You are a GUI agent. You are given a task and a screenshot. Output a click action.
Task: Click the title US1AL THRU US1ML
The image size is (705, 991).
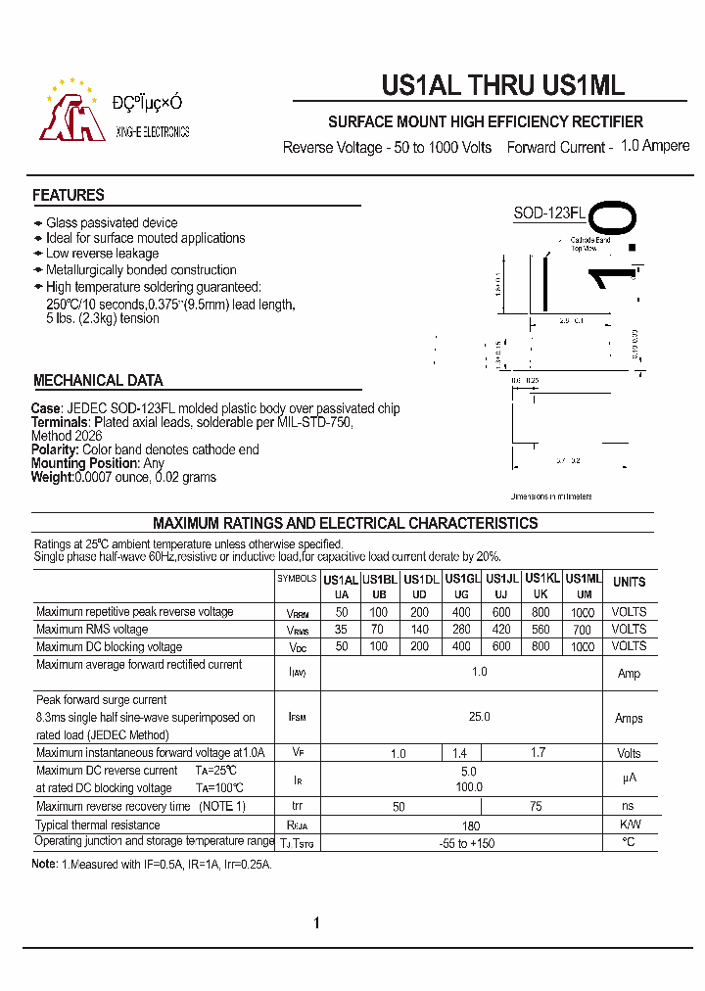tap(502, 86)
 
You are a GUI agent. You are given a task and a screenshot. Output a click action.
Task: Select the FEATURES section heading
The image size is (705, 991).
tap(69, 195)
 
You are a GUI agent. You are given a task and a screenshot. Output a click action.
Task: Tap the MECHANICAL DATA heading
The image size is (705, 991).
tap(98, 380)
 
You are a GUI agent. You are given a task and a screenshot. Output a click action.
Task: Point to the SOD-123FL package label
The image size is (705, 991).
tap(549, 213)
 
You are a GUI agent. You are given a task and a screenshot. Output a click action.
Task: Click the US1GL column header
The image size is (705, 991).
tap(461, 579)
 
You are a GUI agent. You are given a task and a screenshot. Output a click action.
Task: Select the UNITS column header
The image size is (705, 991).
tap(629, 582)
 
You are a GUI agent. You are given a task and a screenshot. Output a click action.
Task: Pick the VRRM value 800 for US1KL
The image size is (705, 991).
tap(540, 612)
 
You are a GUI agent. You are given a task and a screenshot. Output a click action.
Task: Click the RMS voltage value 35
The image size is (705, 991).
tap(341, 630)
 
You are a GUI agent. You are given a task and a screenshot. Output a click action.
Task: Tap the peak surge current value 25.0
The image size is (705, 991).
tap(479, 718)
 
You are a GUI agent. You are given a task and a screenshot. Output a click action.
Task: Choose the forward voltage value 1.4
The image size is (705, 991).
tap(460, 754)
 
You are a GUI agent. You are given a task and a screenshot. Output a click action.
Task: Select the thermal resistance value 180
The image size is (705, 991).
tap(471, 825)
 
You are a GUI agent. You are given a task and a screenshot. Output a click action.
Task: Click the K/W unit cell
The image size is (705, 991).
tap(629, 825)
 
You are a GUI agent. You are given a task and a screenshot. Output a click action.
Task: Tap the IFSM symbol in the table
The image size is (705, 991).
tap(298, 718)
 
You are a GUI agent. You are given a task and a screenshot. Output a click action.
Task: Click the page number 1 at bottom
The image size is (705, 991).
tap(317, 923)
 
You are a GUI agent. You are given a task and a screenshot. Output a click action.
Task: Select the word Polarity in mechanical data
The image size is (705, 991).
tap(55, 449)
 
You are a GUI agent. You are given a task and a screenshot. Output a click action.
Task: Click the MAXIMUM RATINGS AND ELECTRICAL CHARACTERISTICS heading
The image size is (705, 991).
tap(345, 523)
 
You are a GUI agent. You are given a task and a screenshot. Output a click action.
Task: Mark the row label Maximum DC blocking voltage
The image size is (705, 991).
tap(110, 647)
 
